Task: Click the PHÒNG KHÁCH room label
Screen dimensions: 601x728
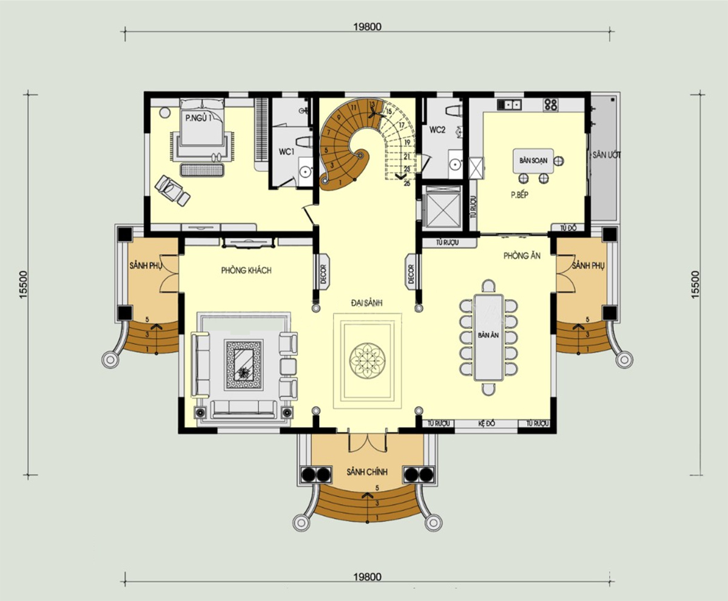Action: point(246,271)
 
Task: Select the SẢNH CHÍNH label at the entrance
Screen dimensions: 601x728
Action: point(367,472)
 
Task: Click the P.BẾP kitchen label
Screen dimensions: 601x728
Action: point(520,195)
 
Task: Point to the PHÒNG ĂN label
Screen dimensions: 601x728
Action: point(521,256)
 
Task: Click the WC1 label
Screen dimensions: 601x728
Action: point(286,151)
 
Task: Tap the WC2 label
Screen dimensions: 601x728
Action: point(438,130)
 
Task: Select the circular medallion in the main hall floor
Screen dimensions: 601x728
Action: point(367,360)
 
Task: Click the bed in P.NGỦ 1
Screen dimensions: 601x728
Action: point(203,126)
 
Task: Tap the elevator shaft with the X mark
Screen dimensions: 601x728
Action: point(443,208)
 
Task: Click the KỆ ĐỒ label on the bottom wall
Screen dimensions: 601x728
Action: point(487,423)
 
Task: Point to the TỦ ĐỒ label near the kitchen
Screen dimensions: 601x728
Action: point(568,228)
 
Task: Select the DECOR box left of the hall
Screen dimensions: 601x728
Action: point(323,271)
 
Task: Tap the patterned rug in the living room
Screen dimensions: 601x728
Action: point(243,364)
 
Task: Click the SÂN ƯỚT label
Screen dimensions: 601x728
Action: point(604,155)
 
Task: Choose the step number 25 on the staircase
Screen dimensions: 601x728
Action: point(406,183)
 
